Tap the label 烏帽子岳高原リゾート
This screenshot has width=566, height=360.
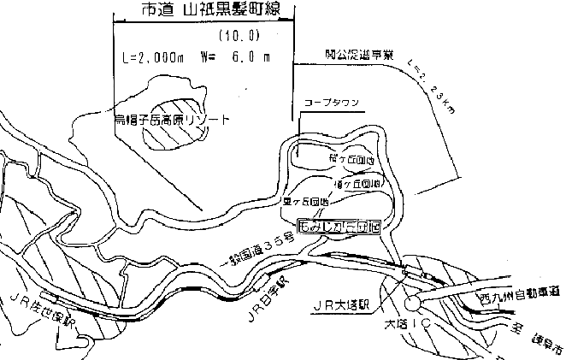point(172,120)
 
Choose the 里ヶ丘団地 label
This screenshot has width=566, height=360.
point(304,203)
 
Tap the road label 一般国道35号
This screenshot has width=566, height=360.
point(257,251)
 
